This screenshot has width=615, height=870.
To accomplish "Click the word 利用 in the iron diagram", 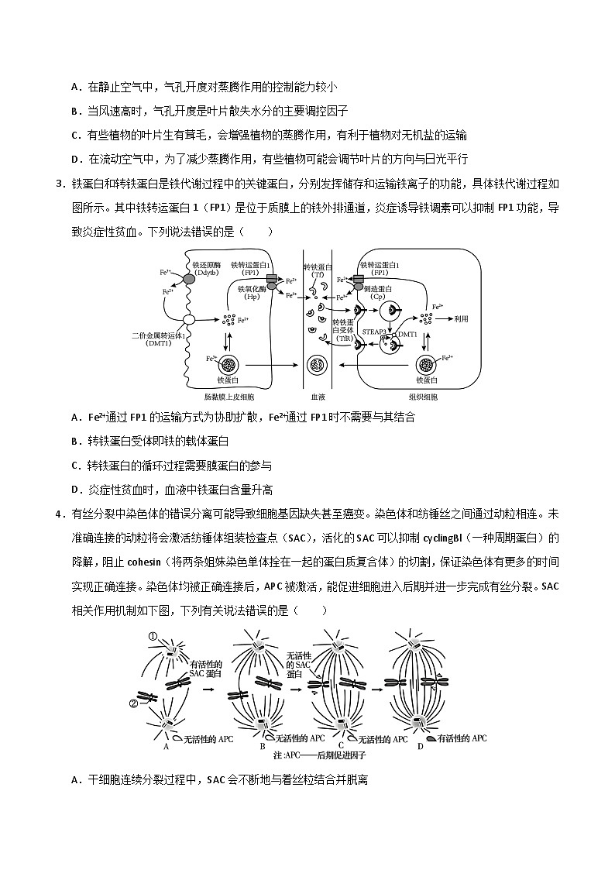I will [x=462, y=318].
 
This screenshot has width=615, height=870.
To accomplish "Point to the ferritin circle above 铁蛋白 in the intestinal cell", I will [x=229, y=364].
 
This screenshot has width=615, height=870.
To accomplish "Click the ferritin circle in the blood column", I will [x=318, y=364].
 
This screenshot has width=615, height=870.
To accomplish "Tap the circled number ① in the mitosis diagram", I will [x=153, y=637].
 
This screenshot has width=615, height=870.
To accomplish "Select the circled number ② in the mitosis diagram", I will [x=133, y=704].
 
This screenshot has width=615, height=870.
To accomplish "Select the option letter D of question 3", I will [x=75, y=490].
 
